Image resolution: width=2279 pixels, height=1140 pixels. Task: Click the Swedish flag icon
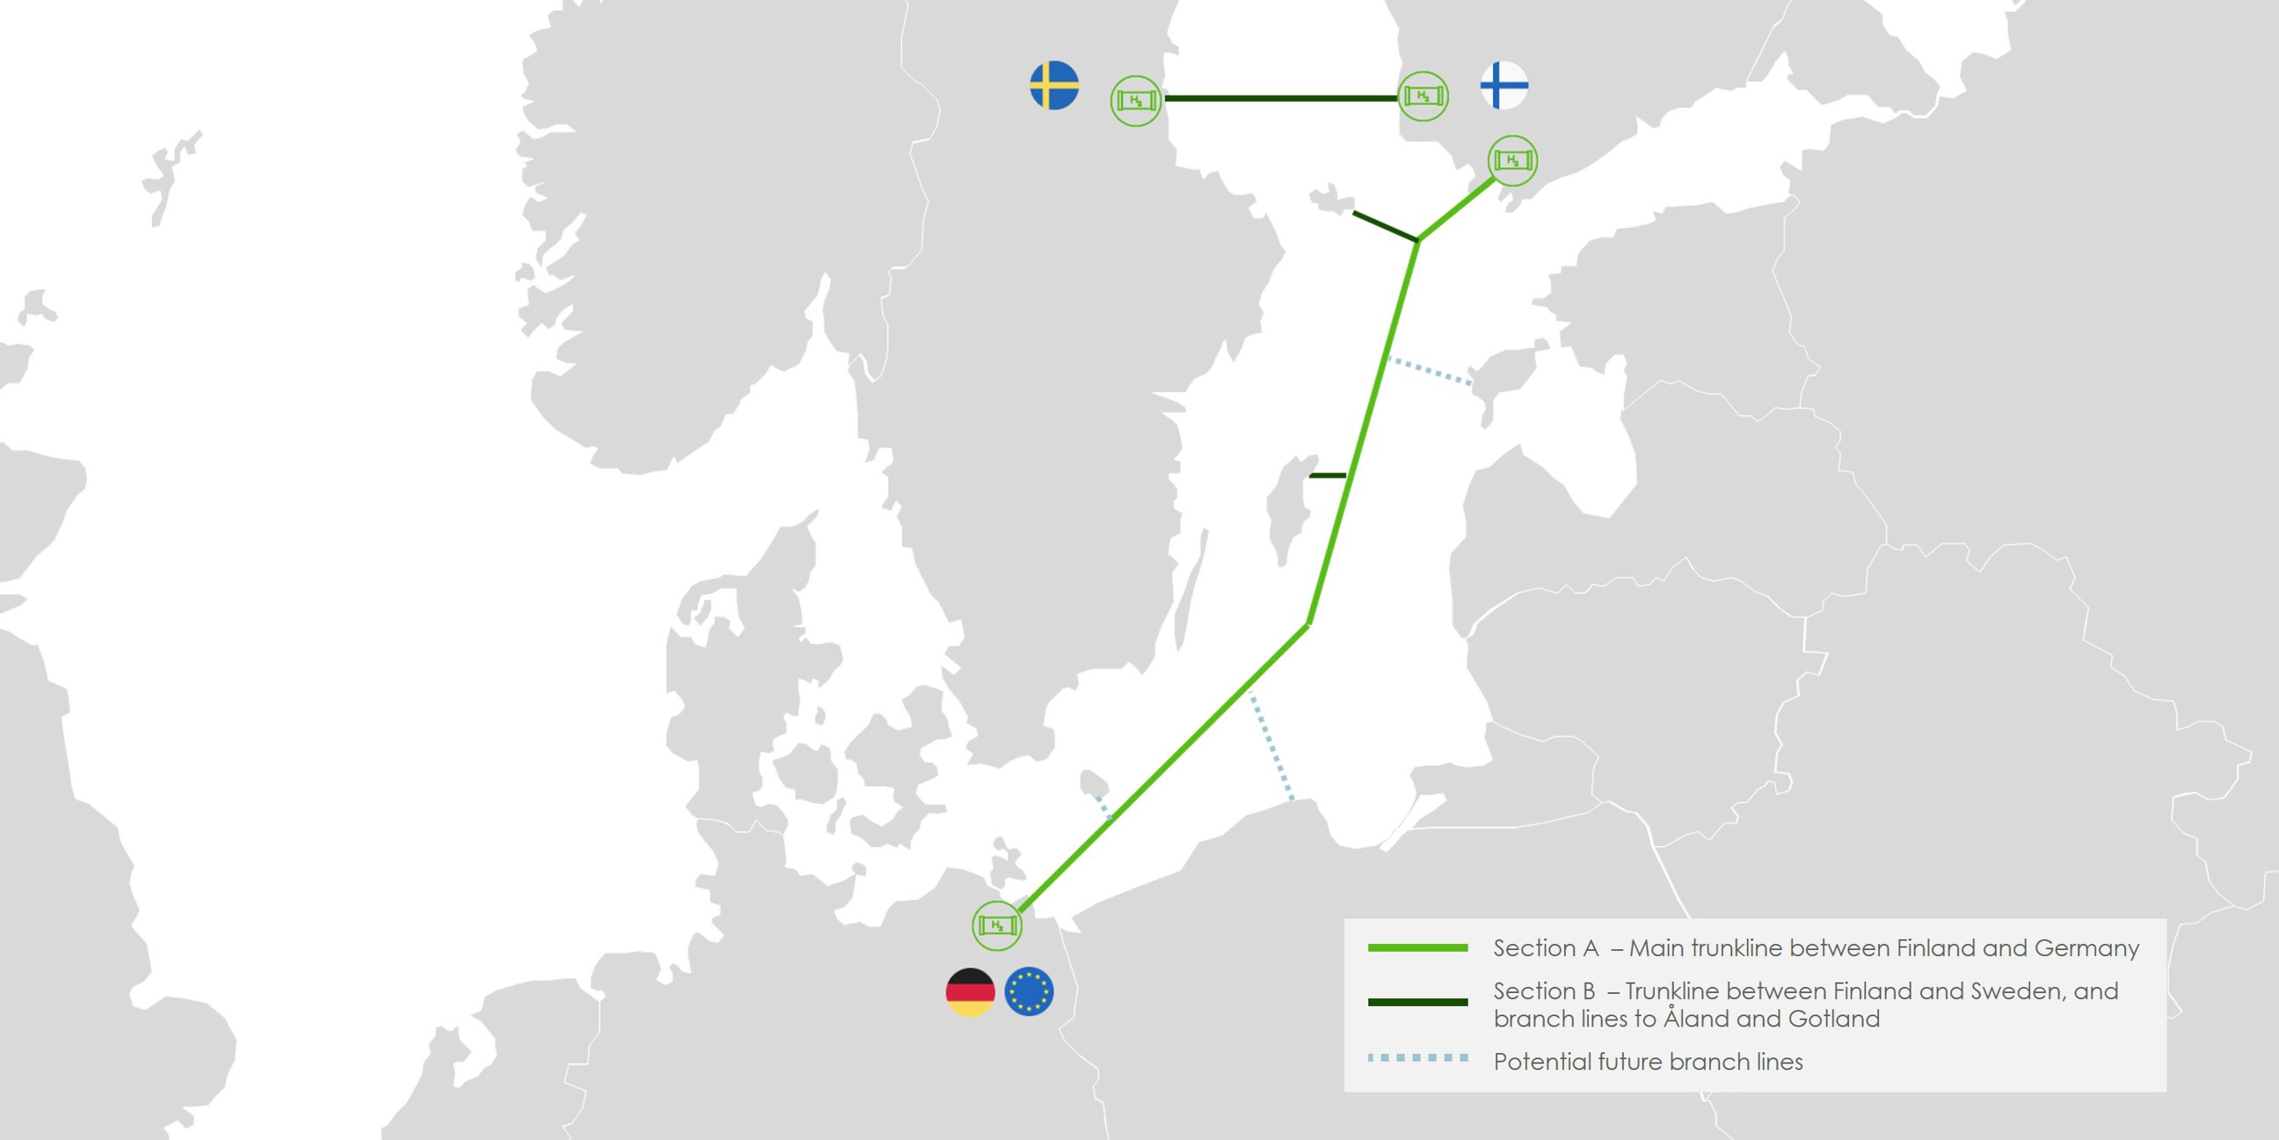pyautogui.click(x=1053, y=85)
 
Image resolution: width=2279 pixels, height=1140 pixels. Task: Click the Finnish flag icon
pyautogui.click(x=1504, y=85)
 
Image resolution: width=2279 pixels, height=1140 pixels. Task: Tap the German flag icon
pyautogui.click(x=971, y=991)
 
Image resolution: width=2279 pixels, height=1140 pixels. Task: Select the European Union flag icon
pyautogui.click(x=1029, y=991)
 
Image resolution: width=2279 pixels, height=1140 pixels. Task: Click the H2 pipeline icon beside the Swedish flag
pyautogui.click(x=1136, y=101)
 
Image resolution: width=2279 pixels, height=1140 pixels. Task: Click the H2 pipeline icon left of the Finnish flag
pyautogui.click(x=1423, y=96)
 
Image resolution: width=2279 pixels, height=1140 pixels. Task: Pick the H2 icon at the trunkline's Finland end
pyautogui.click(x=1513, y=160)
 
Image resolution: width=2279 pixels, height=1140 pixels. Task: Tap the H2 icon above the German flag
pyautogui.click(x=997, y=925)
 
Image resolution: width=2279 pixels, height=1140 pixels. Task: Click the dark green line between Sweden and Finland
pyautogui.click(x=1279, y=99)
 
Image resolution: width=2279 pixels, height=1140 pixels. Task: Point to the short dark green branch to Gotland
pyautogui.click(x=1327, y=475)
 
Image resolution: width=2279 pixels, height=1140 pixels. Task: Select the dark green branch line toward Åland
pyautogui.click(x=1386, y=226)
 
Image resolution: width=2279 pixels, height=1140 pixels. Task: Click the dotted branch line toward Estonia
pyautogui.click(x=1430, y=371)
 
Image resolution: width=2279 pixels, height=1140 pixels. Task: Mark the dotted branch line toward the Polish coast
pyautogui.click(x=1271, y=746)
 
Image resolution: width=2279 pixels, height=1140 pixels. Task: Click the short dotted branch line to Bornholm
pyautogui.click(x=1103, y=807)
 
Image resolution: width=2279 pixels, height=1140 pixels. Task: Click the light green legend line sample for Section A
pyautogui.click(x=1417, y=948)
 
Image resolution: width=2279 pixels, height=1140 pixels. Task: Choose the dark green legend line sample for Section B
pyautogui.click(x=1417, y=1002)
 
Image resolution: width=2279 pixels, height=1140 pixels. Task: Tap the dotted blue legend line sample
pyautogui.click(x=1417, y=1057)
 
